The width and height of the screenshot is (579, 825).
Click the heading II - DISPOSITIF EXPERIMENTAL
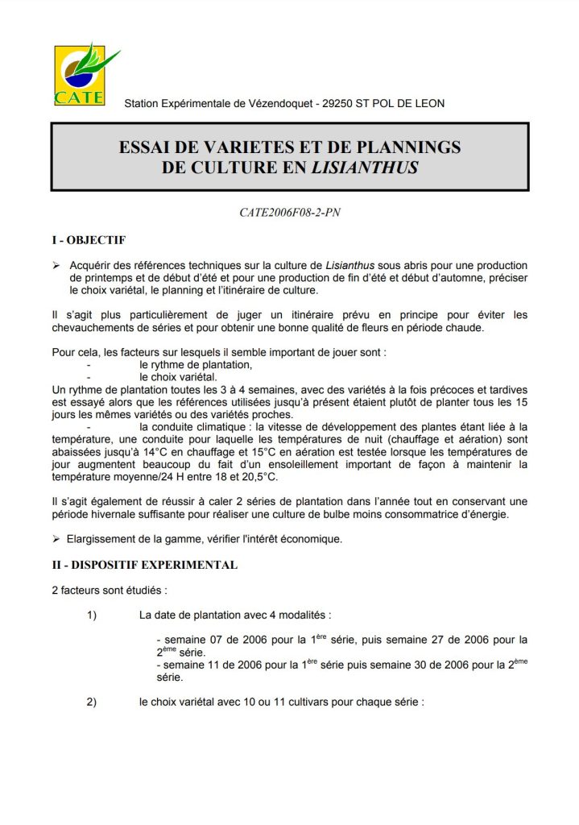(x=144, y=565)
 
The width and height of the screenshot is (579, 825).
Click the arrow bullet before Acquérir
(x=56, y=265)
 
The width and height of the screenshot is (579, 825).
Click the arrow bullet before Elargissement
(x=56, y=538)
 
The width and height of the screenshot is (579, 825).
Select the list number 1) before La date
(x=92, y=616)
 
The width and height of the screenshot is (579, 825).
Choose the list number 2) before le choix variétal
(x=92, y=702)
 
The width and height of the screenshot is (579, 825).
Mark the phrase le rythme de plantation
(x=196, y=364)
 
